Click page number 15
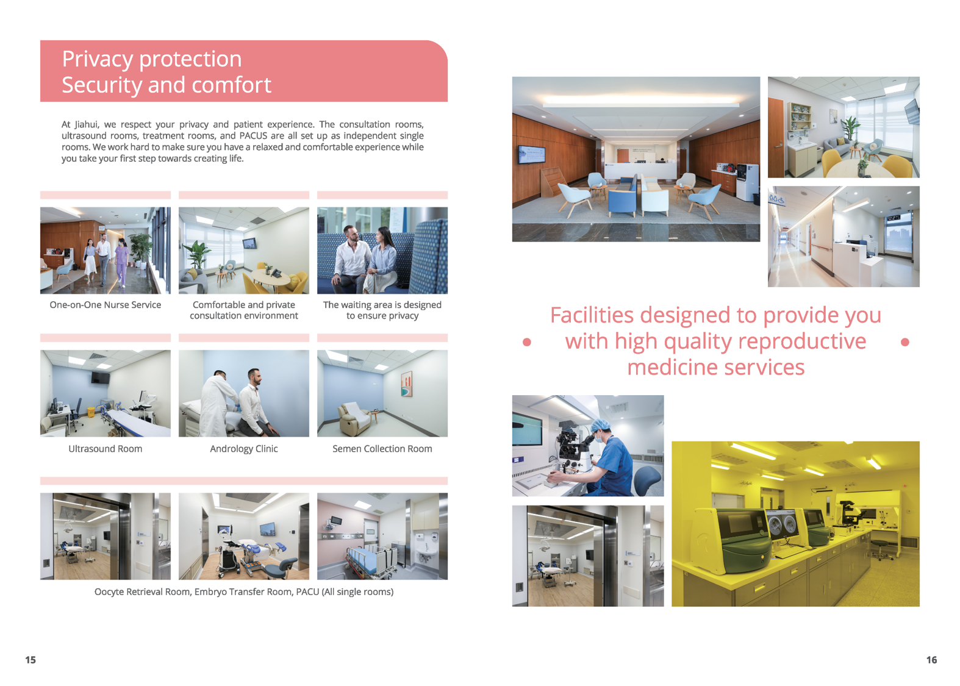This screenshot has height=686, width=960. pyautogui.click(x=30, y=660)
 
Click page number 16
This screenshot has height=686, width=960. pyautogui.click(x=931, y=660)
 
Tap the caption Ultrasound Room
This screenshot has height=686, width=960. pyautogui.click(x=106, y=449)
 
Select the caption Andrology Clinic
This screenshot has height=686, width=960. pyautogui.click(x=244, y=449)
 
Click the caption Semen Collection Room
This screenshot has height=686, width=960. pyautogui.click(x=382, y=449)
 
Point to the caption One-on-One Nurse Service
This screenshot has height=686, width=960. pyautogui.click(x=106, y=305)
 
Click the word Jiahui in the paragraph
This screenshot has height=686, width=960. pyautogui.click(x=86, y=124)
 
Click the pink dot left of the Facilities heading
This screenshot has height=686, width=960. pyautogui.click(x=527, y=342)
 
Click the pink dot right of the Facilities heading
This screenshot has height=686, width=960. pyautogui.click(x=905, y=342)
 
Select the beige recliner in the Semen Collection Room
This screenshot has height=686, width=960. pyautogui.click(x=354, y=418)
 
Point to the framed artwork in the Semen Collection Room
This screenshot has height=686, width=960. pyautogui.click(x=407, y=384)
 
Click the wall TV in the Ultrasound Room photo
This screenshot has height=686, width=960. pyautogui.click(x=100, y=377)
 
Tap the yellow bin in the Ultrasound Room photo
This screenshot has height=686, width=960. pyautogui.click(x=91, y=412)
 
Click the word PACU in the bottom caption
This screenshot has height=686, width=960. pyautogui.click(x=308, y=591)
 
